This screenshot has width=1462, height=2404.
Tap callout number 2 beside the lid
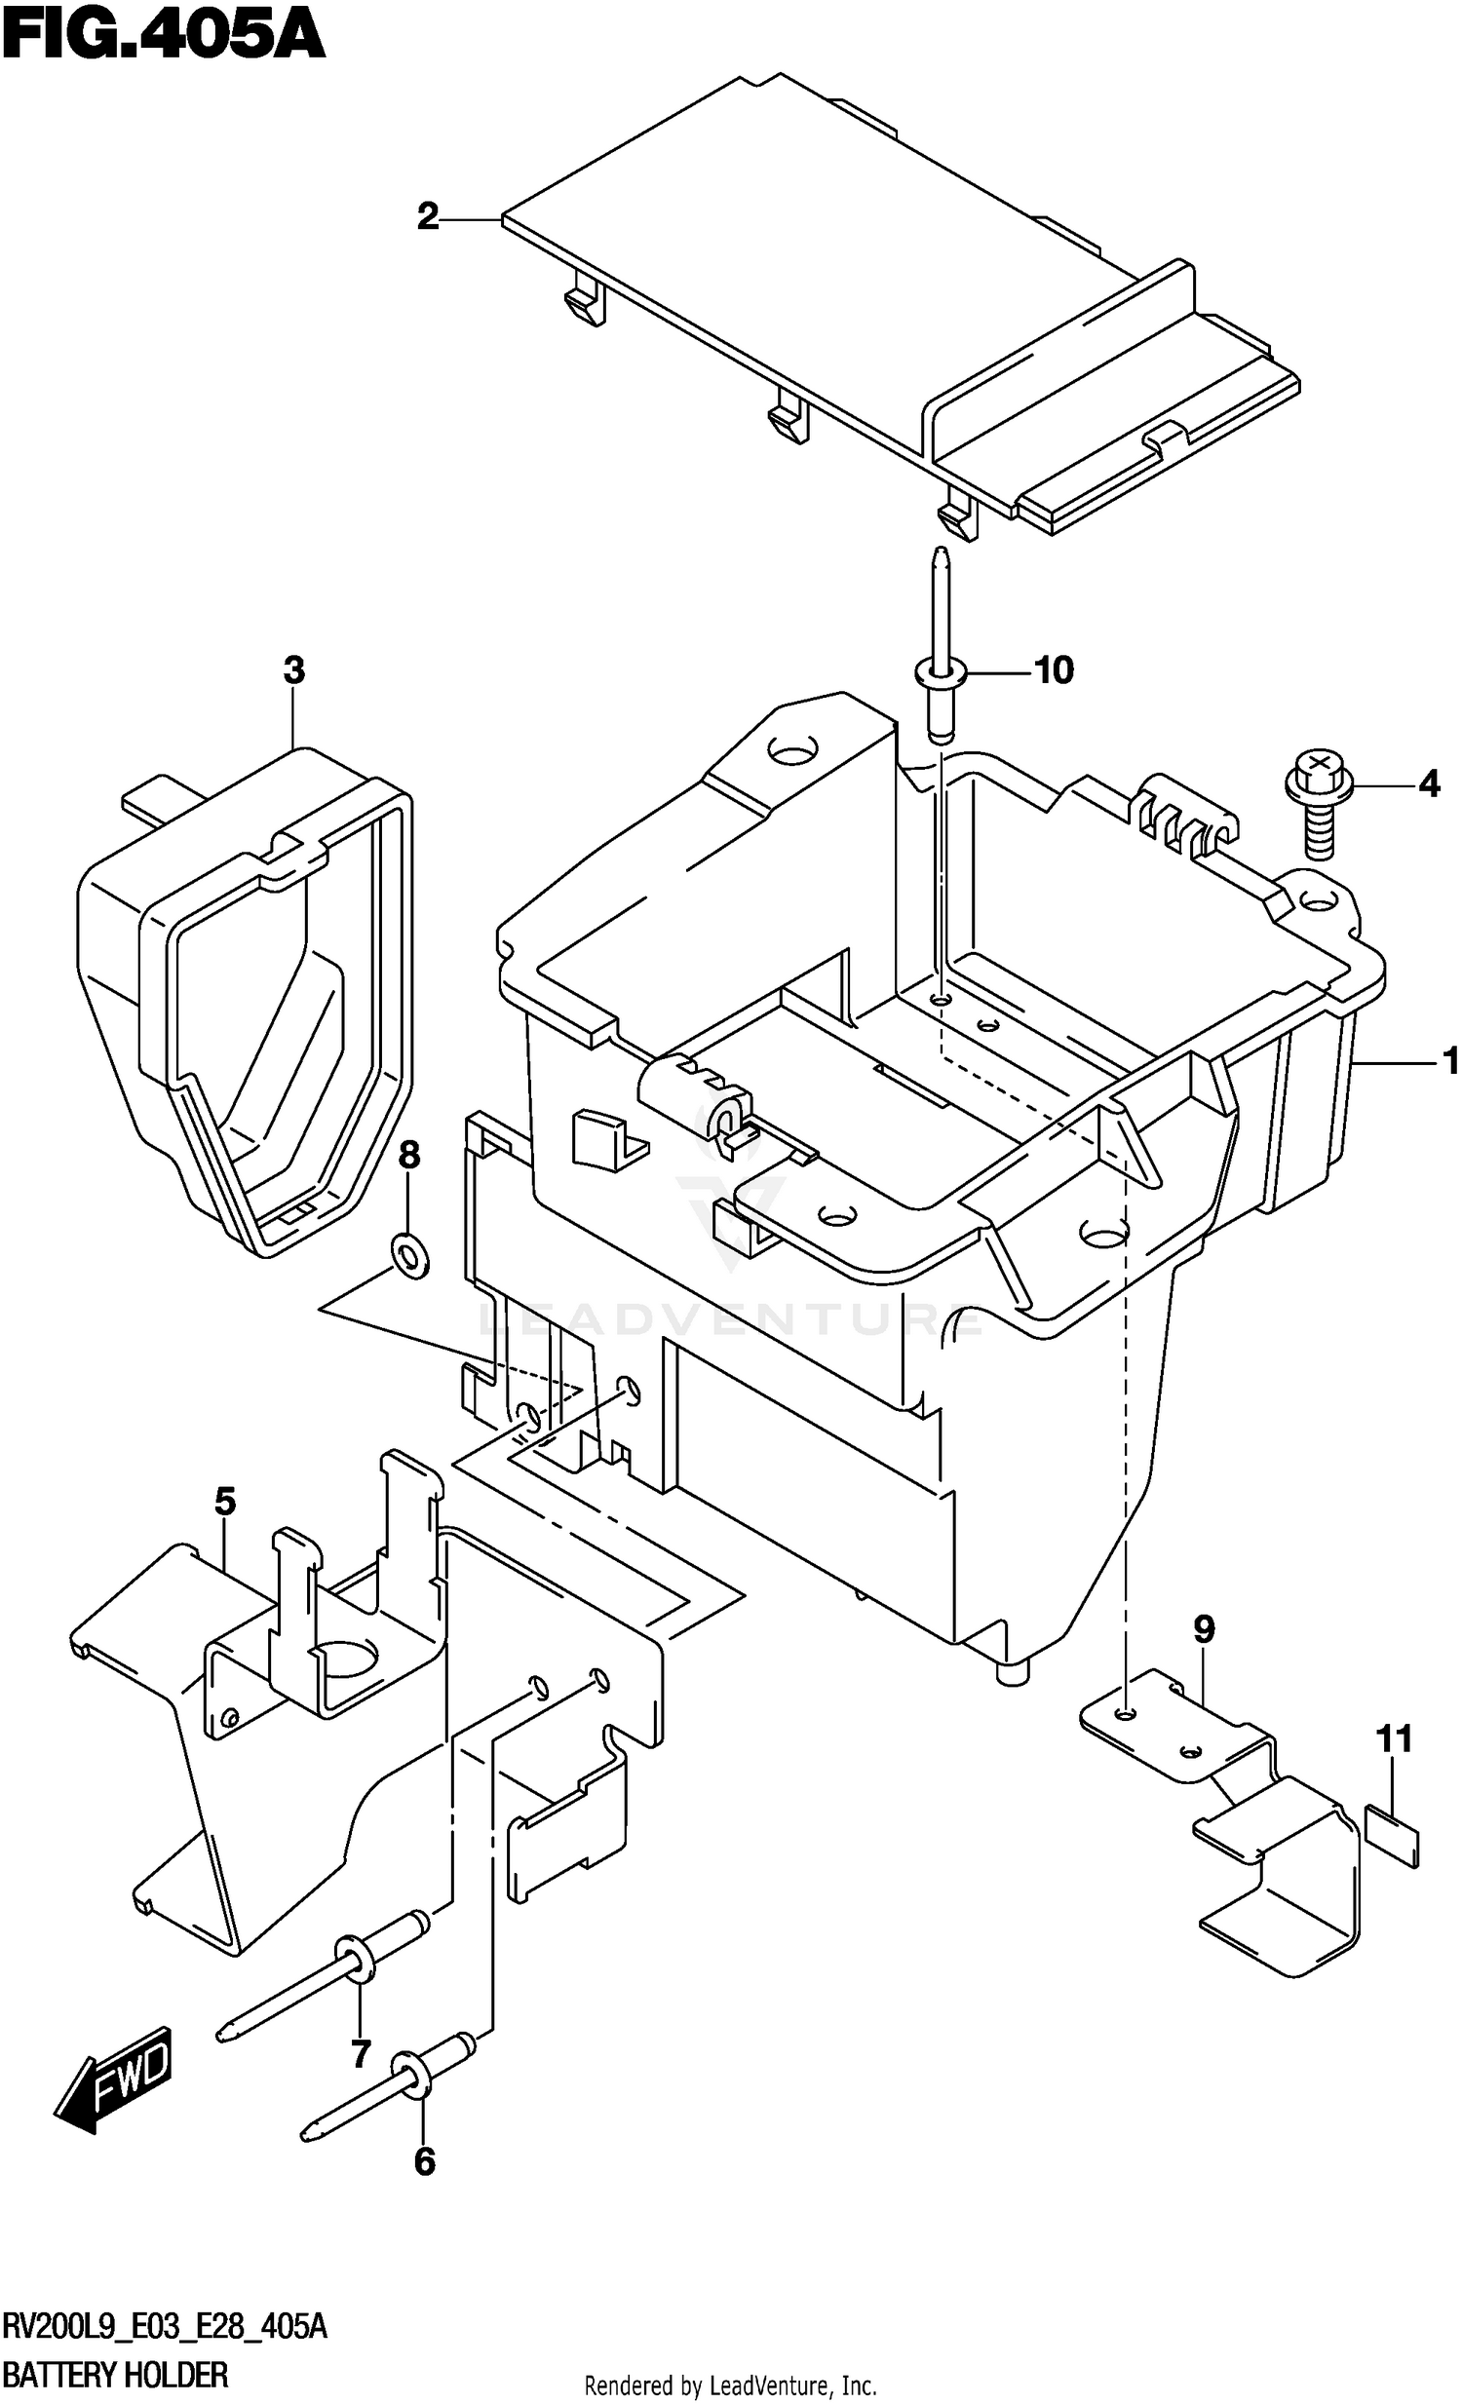[428, 216]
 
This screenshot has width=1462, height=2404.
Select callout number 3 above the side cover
[293, 670]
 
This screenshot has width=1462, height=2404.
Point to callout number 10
[1053, 670]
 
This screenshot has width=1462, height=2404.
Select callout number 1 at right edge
[1449, 1060]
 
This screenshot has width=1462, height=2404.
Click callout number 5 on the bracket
[224, 1502]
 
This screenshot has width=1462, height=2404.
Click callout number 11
[1394, 1738]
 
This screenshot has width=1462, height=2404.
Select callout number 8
[409, 1155]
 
